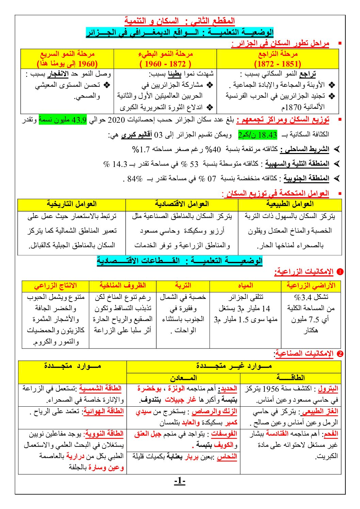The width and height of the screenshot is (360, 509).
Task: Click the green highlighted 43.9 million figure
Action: click(x=63, y=120)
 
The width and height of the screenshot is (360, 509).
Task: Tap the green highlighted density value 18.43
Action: click(x=258, y=135)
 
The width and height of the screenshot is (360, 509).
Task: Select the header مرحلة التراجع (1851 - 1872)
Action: click(x=278, y=59)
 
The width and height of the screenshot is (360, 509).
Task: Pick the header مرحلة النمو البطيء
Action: click(x=165, y=59)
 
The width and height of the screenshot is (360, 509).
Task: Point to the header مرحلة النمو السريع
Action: click(x=67, y=59)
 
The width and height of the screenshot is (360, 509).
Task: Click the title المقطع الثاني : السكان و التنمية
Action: click(x=180, y=21)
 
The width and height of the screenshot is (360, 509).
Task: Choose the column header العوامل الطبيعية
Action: click(x=290, y=204)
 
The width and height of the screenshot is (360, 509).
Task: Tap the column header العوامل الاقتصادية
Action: click(x=182, y=204)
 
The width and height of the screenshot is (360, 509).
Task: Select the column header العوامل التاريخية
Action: click(x=72, y=204)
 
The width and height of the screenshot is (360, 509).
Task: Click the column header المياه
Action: click(x=245, y=286)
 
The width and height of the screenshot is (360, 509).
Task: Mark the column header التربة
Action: click(x=183, y=286)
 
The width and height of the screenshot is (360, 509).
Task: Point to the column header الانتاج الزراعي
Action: click(x=55, y=286)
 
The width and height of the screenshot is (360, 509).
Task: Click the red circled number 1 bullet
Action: click(x=340, y=272)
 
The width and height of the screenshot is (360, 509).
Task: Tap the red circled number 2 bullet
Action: click(x=340, y=354)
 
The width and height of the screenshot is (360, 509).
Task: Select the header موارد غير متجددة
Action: click(x=234, y=366)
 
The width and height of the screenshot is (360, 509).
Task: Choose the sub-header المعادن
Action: click(x=183, y=378)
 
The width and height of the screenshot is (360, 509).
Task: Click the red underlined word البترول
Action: click(x=328, y=389)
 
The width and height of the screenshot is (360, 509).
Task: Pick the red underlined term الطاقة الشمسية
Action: click(x=100, y=388)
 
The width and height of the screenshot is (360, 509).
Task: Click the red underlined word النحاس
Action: click(x=227, y=457)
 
